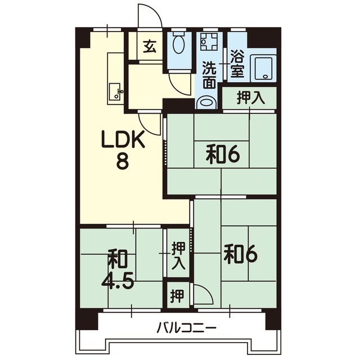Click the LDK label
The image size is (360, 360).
(x=124, y=139)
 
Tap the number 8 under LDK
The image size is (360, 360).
(x=122, y=161)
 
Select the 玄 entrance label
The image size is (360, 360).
(x=150, y=46)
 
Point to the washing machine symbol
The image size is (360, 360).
(x=209, y=42)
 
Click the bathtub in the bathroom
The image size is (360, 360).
(x=263, y=68)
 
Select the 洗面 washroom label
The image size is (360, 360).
(x=209, y=75)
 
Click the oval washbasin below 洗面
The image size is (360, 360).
(x=206, y=102)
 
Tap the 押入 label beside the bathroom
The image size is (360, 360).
(x=251, y=98)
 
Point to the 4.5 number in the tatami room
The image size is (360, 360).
(x=118, y=281)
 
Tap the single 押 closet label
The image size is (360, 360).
(x=177, y=296)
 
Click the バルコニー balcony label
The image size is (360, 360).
(x=186, y=328)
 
